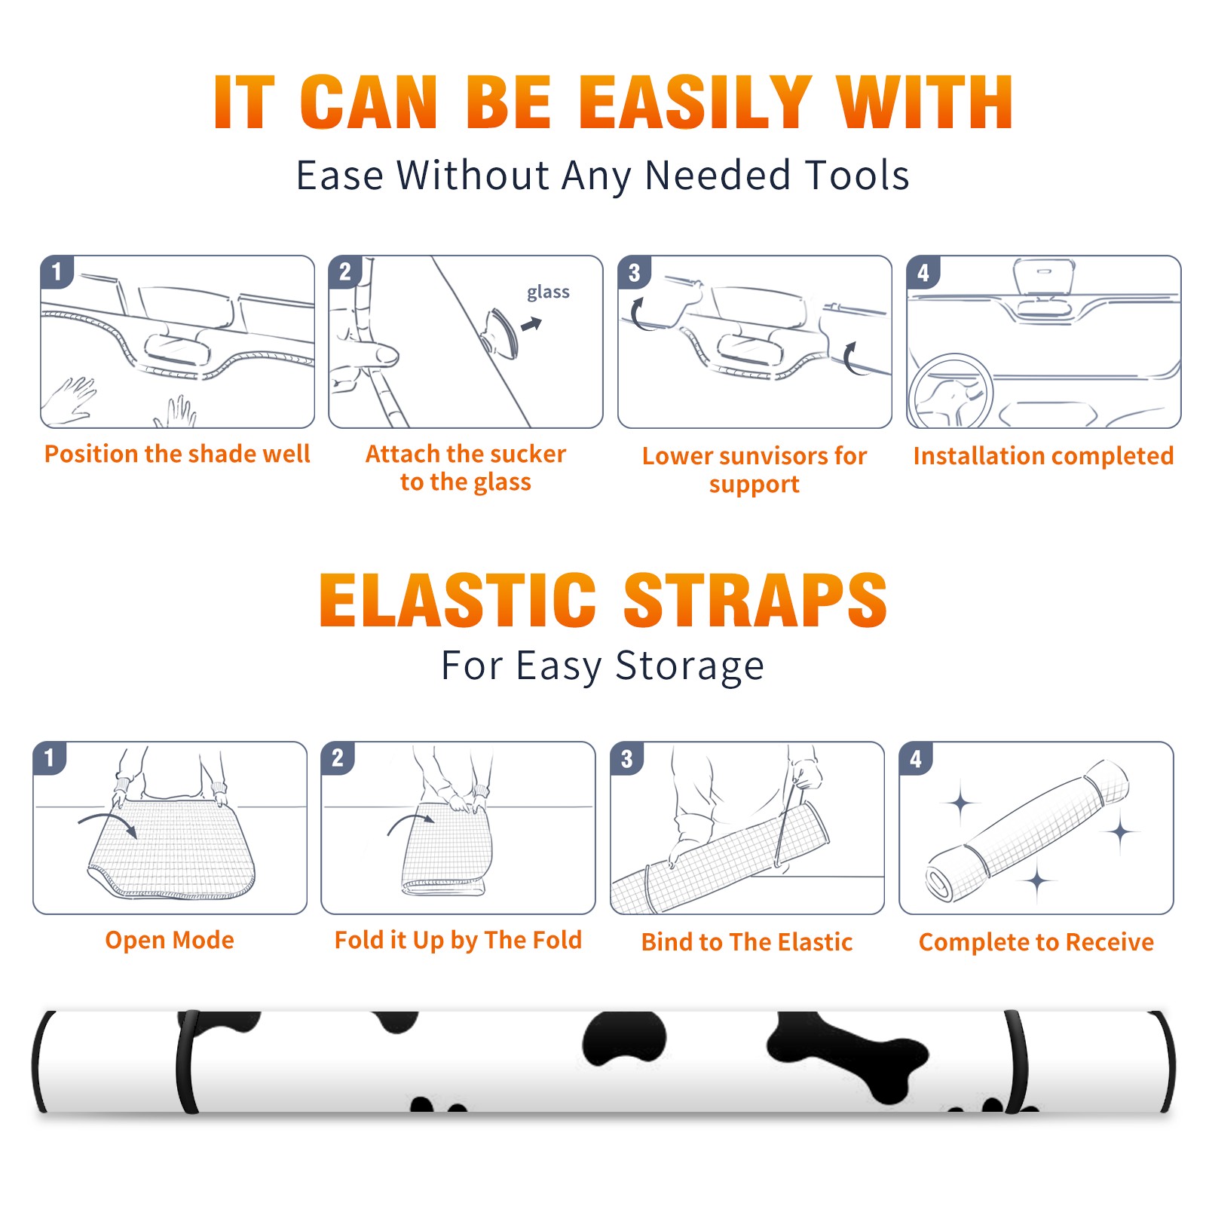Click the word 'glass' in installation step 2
(548, 292)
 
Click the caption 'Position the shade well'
(177, 454)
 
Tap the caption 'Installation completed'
(1043, 456)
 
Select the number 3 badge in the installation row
(634, 273)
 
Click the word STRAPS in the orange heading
(755, 600)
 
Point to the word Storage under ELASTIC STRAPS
(690, 666)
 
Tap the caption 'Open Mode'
(170, 940)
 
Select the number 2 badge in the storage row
(337, 758)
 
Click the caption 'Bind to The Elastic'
(746, 942)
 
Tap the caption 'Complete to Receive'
(1036, 942)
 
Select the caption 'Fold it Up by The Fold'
(458, 940)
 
